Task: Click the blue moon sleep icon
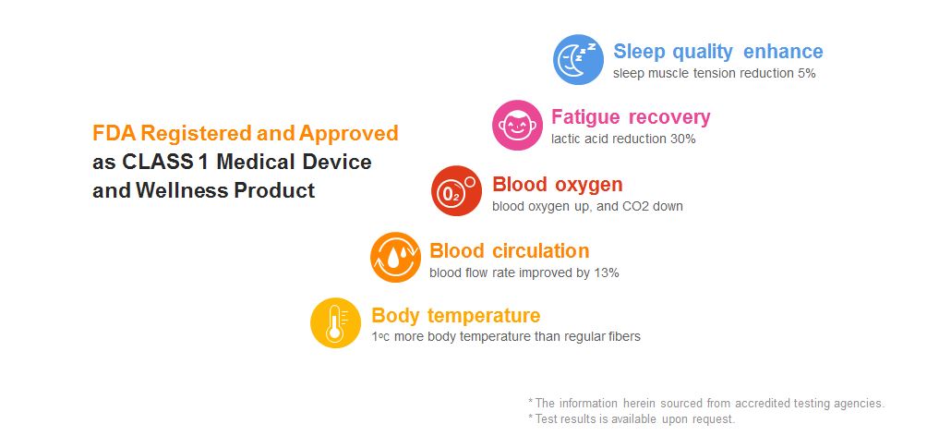click(578, 59)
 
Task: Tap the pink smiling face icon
click(517, 126)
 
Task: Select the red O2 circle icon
click(456, 190)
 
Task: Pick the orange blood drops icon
click(395, 257)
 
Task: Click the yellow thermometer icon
click(335, 322)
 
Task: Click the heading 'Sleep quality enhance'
click(718, 52)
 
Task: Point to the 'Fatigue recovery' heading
click(631, 116)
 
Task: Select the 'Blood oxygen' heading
click(558, 184)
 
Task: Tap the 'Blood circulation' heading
click(509, 250)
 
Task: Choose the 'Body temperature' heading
click(456, 315)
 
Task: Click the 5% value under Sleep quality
click(806, 74)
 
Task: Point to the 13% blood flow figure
click(607, 273)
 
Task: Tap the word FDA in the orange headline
click(112, 133)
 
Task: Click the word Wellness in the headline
click(182, 190)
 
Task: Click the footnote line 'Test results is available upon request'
click(632, 419)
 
